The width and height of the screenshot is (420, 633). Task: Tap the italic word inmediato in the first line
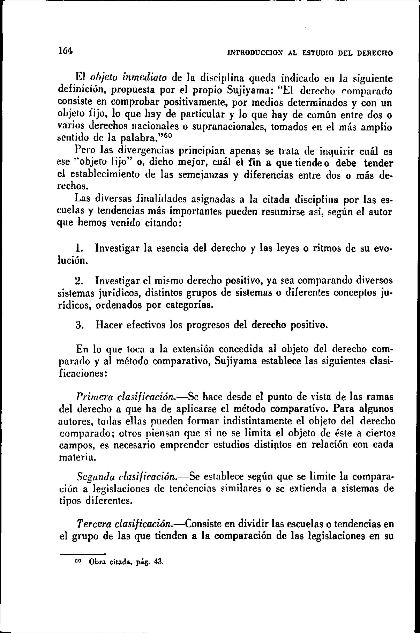[145, 78]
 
